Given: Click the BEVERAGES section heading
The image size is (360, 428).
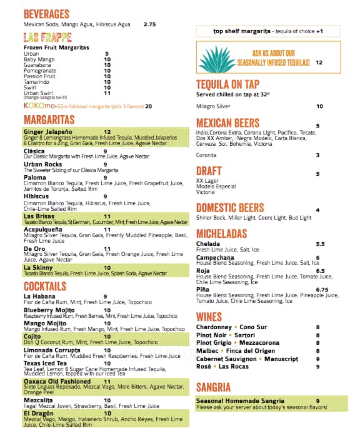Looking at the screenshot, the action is pyautogui.click(x=46, y=14).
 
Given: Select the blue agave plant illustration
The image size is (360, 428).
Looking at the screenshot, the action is pyautogui.click(x=217, y=59).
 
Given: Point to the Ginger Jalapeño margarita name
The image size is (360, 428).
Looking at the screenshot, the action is pyautogui.click(x=47, y=132).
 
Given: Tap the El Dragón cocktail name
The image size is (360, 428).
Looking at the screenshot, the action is pyautogui.click(x=39, y=413).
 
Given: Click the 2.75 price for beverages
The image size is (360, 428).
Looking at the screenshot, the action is pyautogui.click(x=149, y=24).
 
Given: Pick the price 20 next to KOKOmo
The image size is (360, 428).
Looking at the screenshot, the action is pyautogui.click(x=148, y=106).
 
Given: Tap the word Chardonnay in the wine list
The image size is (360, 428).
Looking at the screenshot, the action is pyautogui.click(x=214, y=327).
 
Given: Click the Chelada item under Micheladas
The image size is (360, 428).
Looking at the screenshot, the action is pyautogui.click(x=207, y=243).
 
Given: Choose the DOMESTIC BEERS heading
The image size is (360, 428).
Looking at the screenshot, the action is pyautogui.click(x=230, y=208).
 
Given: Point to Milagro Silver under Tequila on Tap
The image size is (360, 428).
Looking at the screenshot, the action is pyautogui.click(x=213, y=106).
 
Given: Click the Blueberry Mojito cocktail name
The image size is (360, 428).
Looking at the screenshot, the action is pyautogui.click(x=49, y=310).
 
